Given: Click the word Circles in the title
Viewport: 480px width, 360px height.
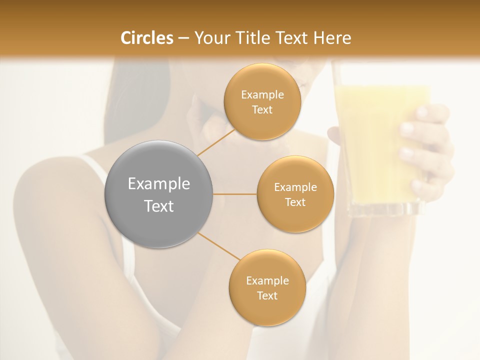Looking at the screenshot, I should (147, 38).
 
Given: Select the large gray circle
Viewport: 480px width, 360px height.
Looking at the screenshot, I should (159, 194).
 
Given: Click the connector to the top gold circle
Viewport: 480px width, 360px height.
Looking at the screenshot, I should (215, 143).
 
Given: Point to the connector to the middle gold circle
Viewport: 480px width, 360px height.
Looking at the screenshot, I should (235, 194).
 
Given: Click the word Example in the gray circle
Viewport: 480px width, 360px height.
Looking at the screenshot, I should (159, 184).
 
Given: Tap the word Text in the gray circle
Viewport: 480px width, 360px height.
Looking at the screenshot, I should (159, 206).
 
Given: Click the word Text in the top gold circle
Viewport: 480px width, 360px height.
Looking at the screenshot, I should (262, 110).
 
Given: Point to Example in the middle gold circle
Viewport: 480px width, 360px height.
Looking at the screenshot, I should (295, 187).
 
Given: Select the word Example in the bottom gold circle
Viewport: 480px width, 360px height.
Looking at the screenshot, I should (267, 281).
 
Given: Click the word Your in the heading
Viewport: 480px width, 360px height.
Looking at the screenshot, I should (210, 38).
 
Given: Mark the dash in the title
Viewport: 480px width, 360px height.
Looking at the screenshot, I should (183, 38).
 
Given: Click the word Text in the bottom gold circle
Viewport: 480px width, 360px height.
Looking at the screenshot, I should (267, 295).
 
